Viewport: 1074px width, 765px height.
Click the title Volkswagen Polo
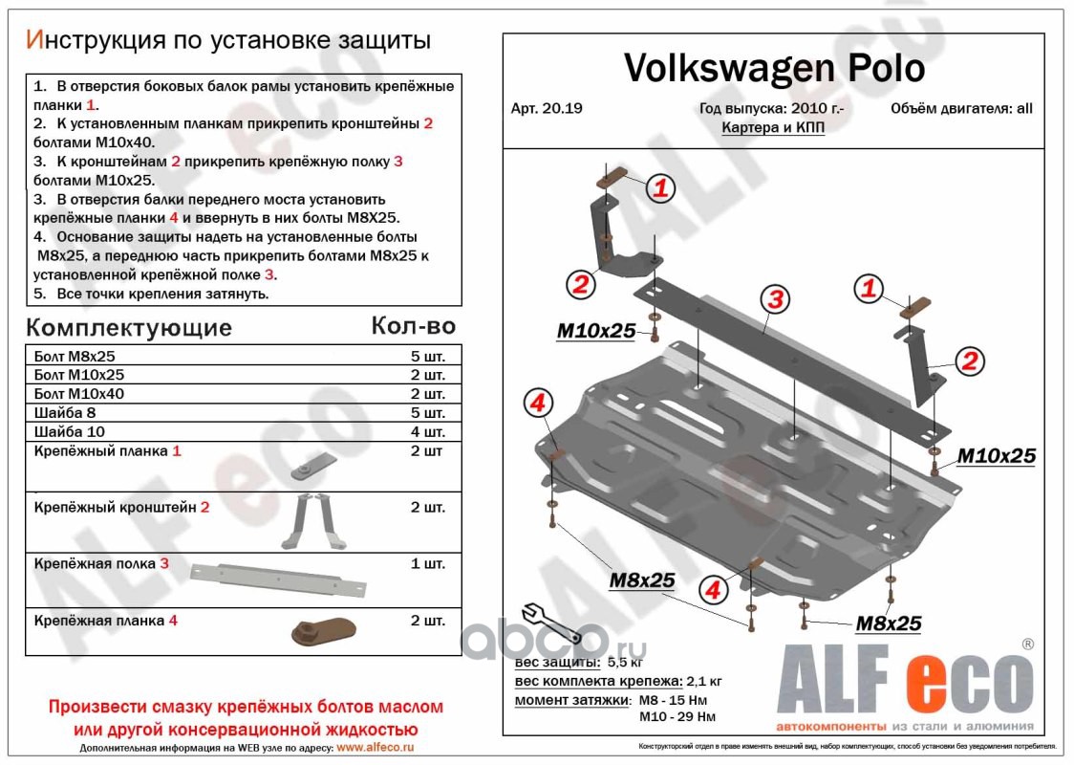click(774, 68)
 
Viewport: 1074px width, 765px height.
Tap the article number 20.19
click(548, 108)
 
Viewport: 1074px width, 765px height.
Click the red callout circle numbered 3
click(775, 299)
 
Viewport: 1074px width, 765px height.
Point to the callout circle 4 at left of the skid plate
click(538, 404)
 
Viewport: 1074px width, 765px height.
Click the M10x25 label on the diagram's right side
click(996, 456)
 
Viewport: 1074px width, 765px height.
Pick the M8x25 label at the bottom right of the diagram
click(888, 624)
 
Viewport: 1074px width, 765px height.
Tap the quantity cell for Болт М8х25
click(427, 357)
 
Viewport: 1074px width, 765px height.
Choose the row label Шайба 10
click(69, 431)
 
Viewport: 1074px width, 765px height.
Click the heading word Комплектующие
click(129, 328)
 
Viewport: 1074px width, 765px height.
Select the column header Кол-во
click(413, 326)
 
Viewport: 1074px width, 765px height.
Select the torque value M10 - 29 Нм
click(677, 716)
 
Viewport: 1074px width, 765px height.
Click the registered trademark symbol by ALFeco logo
click(1027, 645)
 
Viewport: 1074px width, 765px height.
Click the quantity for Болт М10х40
click(427, 394)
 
